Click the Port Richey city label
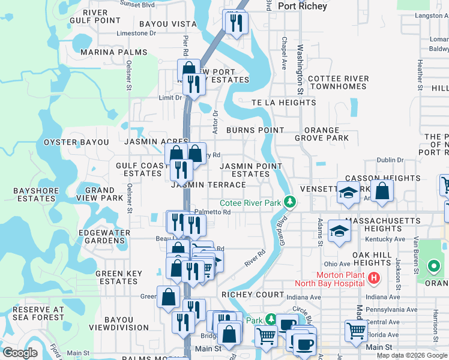coord(303,6)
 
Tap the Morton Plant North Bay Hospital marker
coord(374,278)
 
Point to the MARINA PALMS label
coord(114,52)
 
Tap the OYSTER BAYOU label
coord(76,142)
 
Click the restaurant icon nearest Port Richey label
coord(235,23)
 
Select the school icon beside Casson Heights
coord(348,192)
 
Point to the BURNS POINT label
coord(255,130)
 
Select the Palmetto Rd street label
coord(212,212)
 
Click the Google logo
coord(20,353)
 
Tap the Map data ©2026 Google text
coord(412,355)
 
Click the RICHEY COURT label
coord(253,295)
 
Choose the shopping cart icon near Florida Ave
coord(356,330)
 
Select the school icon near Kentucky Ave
coord(339,233)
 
